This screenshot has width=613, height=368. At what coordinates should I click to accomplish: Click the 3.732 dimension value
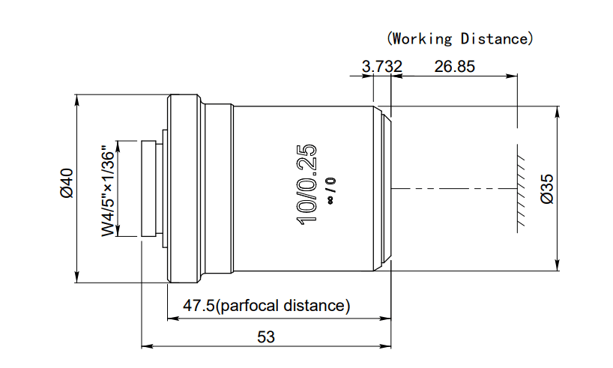tap(381, 66)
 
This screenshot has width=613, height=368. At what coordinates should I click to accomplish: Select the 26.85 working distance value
tap(454, 66)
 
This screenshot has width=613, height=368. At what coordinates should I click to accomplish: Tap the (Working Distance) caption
tap(459, 37)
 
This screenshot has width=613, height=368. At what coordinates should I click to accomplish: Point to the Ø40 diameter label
tap(66, 184)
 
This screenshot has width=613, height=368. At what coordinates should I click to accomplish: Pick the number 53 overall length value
tap(266, 337)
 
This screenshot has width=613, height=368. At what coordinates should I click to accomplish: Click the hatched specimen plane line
tap(518, 187)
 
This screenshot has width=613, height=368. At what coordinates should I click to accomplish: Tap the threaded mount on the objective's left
tap(150, 188)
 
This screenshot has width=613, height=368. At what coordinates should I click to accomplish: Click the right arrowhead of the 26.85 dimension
tap(514, 76)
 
